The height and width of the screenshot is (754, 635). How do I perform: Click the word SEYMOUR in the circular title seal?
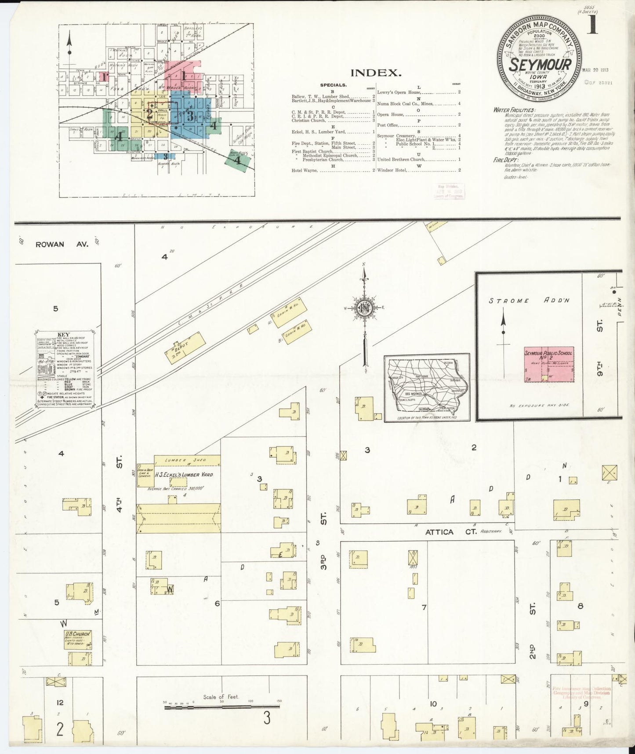point(540,65)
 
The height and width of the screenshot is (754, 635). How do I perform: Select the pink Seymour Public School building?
point(548,365)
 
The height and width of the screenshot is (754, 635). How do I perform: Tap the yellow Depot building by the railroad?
point(185,347)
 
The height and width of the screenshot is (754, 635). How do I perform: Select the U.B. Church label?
point(78,634)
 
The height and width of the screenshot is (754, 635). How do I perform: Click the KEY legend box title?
point(63,334)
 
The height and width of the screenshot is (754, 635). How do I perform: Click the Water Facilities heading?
point(513,110)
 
